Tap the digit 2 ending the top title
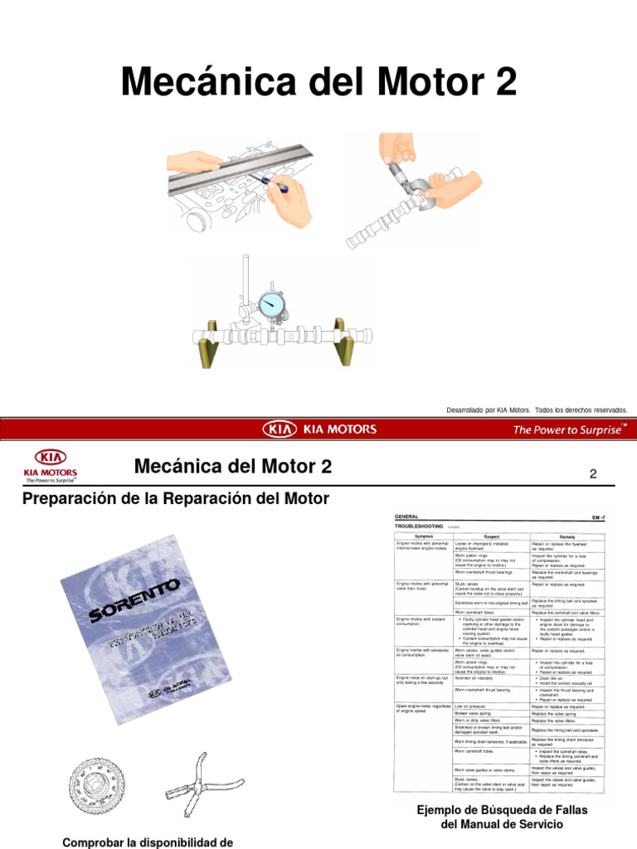click(x=503, y=83)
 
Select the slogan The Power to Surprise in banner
click(x=569, y=429)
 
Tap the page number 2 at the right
click(x=593, y=474)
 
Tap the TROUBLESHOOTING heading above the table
click(x=420, y=526)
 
